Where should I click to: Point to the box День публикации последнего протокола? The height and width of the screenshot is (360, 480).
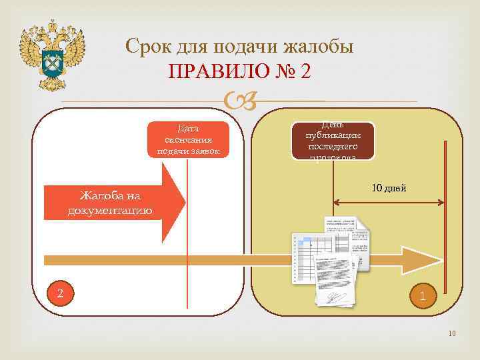(333, 141)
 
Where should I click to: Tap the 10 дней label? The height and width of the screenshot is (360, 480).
(389, 189)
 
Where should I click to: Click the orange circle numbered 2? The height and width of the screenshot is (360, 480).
(61, 293)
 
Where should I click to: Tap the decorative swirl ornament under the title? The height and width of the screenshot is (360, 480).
(240, 101)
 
